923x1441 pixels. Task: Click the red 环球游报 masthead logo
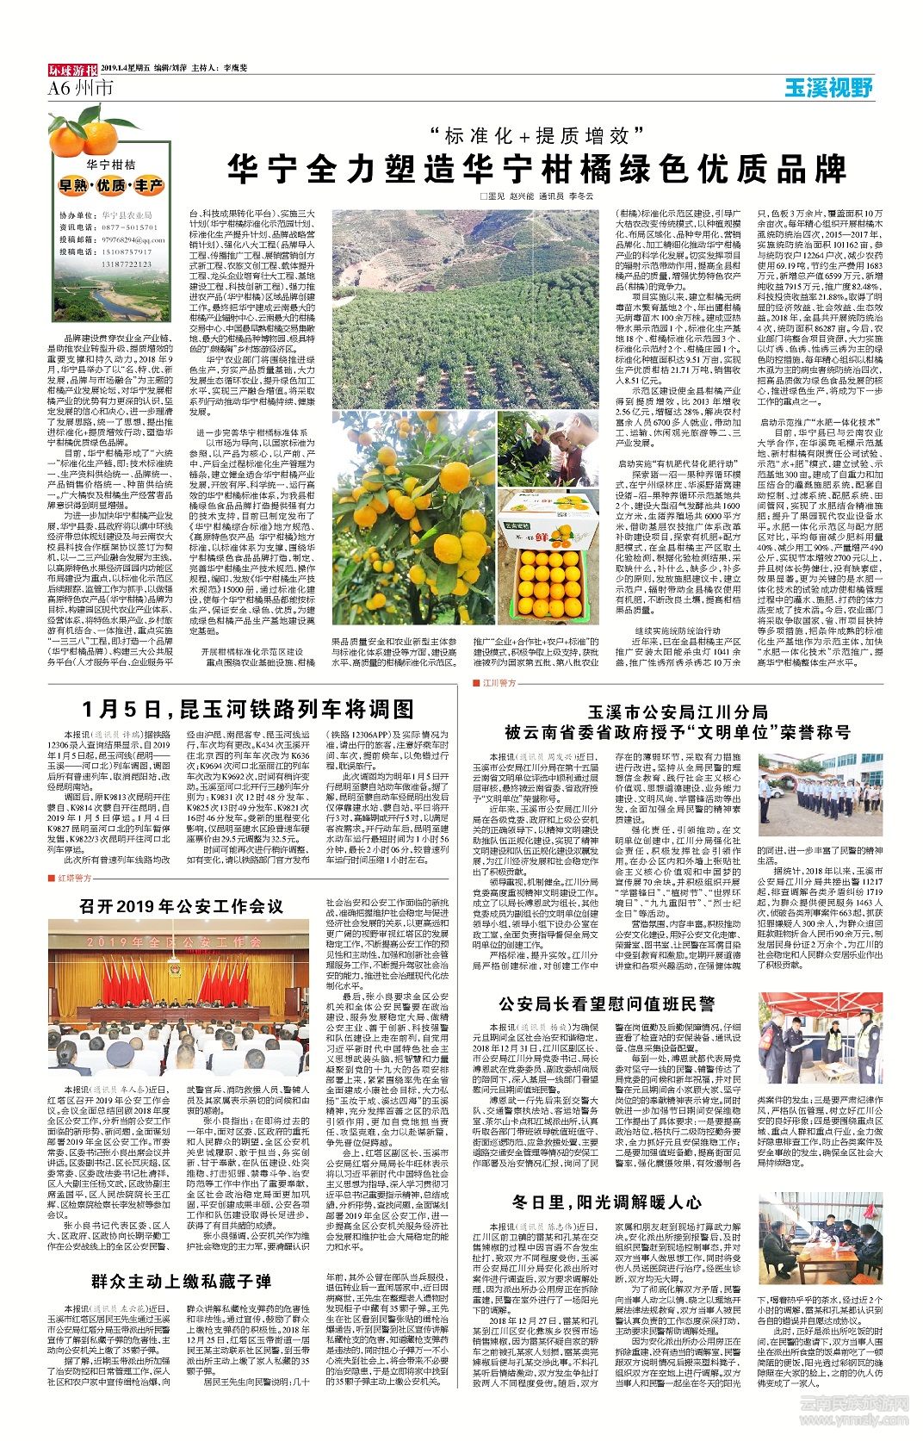[71, 67]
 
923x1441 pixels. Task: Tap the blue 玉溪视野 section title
[828, 87]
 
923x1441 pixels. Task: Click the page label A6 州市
[81, 88]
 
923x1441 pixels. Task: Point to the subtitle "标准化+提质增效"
[539, 134]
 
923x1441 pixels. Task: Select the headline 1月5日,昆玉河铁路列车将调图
[248, 709]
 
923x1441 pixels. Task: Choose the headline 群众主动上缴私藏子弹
[182, 1281]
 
